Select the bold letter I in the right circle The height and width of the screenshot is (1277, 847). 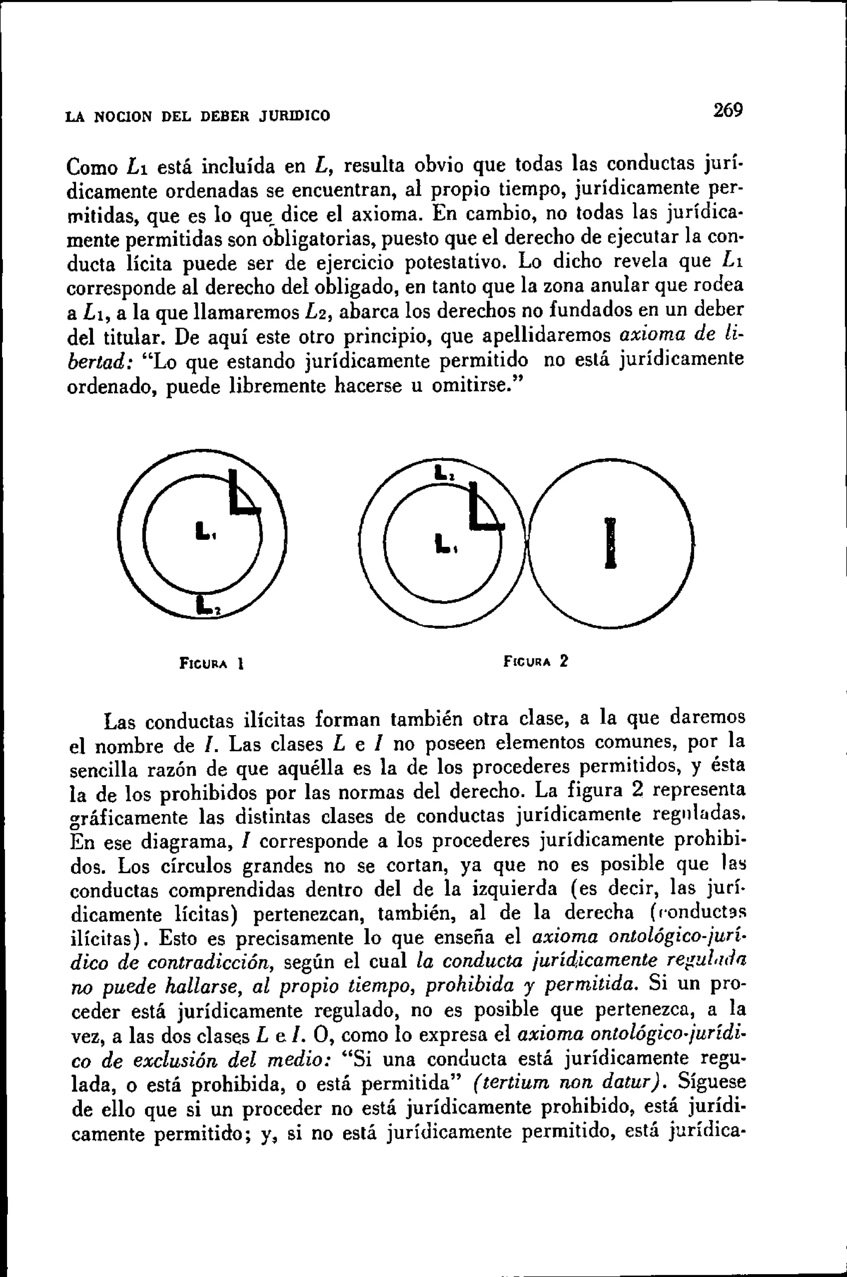(x=610, y=542)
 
